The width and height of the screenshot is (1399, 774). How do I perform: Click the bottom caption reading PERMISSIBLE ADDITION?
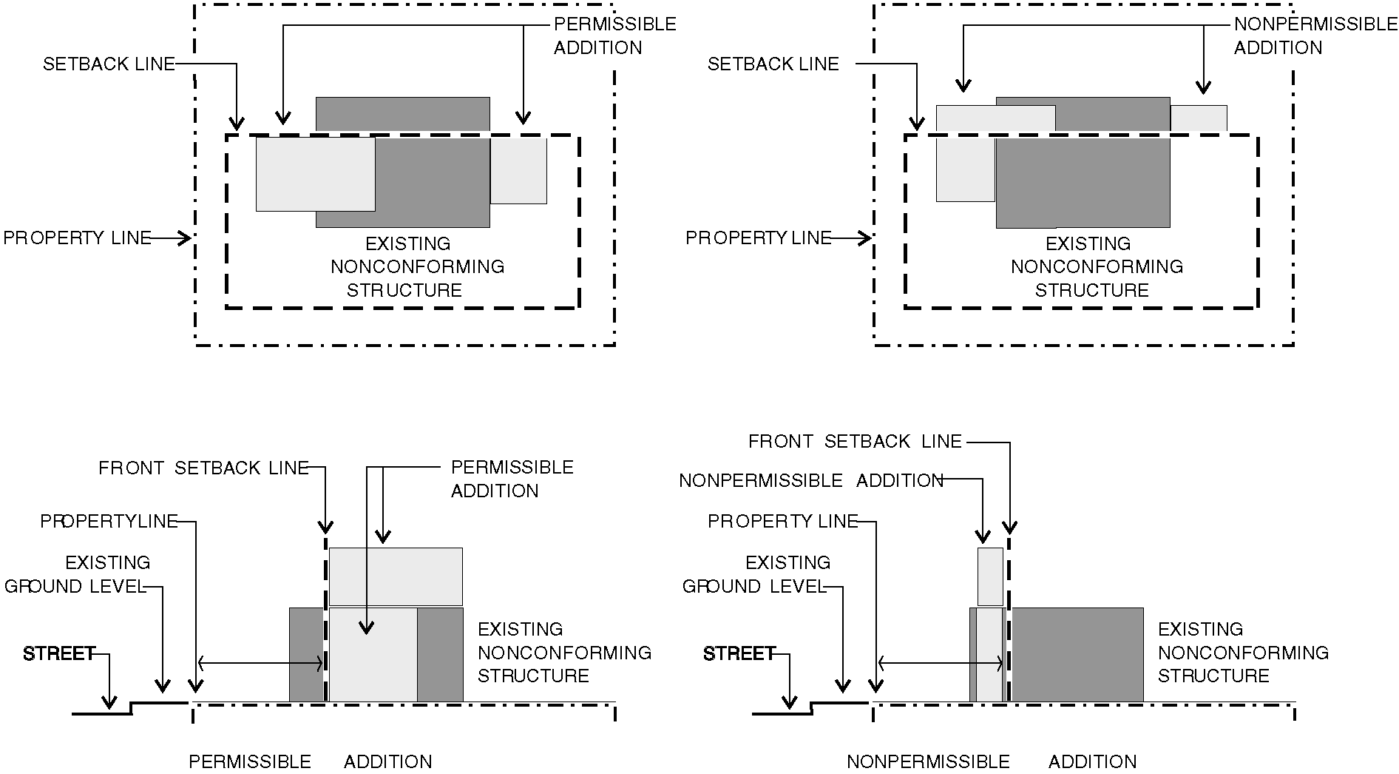310,761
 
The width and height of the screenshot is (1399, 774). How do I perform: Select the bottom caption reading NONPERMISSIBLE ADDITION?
991,761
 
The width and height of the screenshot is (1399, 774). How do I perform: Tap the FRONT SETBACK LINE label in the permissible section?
203,468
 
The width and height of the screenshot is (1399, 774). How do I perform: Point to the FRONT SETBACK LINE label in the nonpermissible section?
855,442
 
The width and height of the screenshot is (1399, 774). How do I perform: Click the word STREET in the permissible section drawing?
59,654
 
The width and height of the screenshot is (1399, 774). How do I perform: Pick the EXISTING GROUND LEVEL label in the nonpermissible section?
754,574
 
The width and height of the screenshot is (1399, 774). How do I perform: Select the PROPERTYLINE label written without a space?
109,522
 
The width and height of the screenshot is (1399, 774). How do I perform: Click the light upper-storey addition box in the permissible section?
396,576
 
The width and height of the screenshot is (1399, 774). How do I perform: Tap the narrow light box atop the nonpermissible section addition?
990,576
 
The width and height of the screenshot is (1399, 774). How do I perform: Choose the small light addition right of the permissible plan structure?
518,171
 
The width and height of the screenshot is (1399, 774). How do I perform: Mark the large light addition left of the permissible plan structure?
315,174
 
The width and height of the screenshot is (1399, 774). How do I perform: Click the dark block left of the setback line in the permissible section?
306,655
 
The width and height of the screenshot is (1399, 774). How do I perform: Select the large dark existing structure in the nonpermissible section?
1077,655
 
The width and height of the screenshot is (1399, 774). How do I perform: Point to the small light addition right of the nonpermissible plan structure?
1198,118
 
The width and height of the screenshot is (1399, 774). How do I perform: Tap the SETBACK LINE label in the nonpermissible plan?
773,64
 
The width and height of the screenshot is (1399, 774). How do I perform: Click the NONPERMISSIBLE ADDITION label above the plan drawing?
1315,36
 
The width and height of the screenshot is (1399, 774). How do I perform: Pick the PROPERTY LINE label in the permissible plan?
77,238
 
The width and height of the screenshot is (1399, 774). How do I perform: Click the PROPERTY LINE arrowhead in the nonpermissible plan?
865,238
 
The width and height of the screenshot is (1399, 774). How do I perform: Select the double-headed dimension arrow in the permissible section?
260,664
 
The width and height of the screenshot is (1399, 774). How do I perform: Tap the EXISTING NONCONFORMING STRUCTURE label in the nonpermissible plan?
1097,266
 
